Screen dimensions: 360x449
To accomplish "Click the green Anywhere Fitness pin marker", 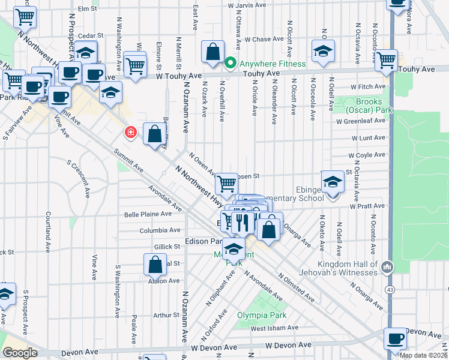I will pyautogui.click(x=229, y=64).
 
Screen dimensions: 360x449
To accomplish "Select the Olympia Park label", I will pyautogui.click(x=261, y=315).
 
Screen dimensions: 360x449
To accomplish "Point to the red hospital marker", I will pyautogui.click(x=128, y=131).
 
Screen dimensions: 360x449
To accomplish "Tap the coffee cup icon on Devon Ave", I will pyautogui.click(x=395, y=339).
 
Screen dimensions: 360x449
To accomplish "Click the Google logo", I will pyautogui.click(x=20, y=353).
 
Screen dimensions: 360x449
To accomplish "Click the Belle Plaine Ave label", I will pyautogui.click(x=143, y=214).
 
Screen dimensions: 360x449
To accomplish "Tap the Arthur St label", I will pyautogui.click(x=162, y=314).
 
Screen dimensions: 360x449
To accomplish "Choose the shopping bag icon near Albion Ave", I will pyautogui.click(x=155, y=264).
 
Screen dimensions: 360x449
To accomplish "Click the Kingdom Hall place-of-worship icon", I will pyautogui.click(x=387, y=265).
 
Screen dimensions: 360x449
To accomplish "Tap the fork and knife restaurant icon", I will pyautogui.click(x=241, y=222).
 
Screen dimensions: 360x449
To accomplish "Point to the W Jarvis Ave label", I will pyautogui.click(x=247, y=6).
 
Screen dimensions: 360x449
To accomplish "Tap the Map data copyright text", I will pyautogui.click(x=423, y=355).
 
